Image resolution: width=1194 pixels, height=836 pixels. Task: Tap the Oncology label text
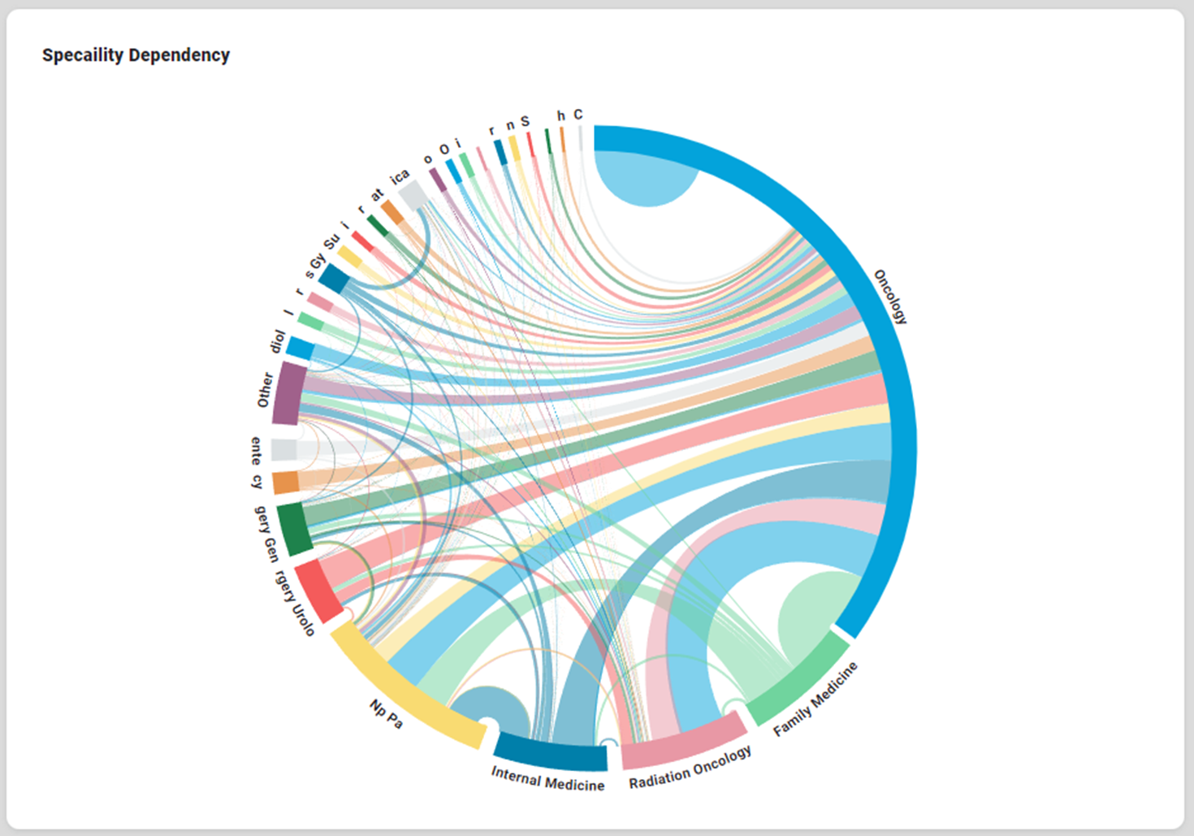pyautogui.click(x=890, y=297)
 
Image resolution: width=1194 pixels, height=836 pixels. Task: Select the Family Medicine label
pyautogui.click(x=815, y=700)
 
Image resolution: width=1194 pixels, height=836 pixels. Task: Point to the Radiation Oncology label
pyautogui.click(x=690, y=768)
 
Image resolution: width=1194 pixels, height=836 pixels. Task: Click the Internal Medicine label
pyautogui.click(x=547, y=778)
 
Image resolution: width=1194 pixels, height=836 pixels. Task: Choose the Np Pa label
pyautogui.click(x=386, y=714)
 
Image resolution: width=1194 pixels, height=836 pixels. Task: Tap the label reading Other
pyautogui.click(x=266, y=390)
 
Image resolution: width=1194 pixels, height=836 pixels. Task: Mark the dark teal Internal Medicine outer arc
pyautogui.click(x=551, y=752)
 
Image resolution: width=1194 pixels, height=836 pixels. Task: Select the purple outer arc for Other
pyautogui.click(x=288, y=393)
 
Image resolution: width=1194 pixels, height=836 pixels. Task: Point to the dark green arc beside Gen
pyautogui.click(x=294, y=528)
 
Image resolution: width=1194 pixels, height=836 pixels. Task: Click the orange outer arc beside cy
pyautogui.click(x=285, y=483)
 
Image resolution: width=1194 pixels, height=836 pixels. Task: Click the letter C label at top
pyautogui.click(x=578, y=115)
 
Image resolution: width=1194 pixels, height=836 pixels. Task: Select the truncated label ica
pyautogui.click(x=400, y=176)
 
